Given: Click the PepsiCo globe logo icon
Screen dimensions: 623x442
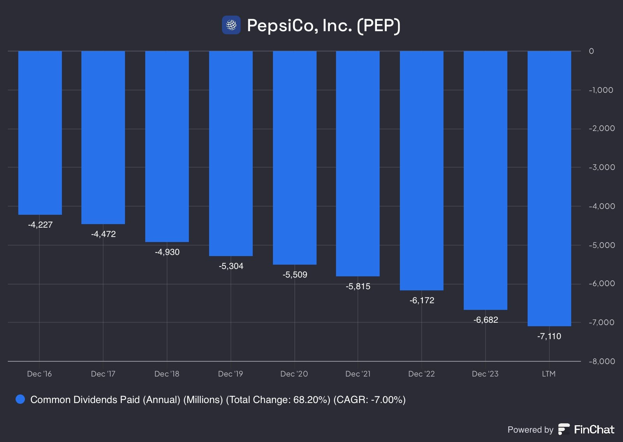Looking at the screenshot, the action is coord(231,25).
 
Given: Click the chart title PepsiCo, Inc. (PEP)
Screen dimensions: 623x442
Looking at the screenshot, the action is coord(324,26).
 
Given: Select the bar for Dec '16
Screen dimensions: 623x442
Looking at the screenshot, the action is coord(40,133).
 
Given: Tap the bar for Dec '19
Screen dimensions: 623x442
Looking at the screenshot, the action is coord(231,153).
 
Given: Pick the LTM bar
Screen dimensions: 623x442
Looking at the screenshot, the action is coord(549,188).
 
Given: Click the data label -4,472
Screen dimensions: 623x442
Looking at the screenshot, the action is coord(104,234).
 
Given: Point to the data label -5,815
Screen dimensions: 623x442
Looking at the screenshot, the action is coord(358,286).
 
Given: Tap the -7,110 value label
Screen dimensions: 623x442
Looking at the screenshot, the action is coord(549,336).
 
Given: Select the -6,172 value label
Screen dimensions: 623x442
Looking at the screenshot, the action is coord(422,301).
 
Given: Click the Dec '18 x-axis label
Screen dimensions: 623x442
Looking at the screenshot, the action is coord(167,374).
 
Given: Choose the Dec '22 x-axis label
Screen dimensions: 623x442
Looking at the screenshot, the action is coord(422,374).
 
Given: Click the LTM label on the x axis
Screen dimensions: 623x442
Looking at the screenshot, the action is coord(549,374).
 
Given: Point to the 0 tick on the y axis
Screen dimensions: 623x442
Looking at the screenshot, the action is coord(591,51).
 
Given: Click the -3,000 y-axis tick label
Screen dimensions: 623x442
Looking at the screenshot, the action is coord(602,167).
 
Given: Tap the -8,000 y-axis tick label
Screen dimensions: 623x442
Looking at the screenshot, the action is coord(602,361).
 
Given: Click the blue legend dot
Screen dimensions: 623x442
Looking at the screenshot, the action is coord(20,399).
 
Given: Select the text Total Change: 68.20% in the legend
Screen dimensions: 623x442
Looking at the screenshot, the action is coord(278,400).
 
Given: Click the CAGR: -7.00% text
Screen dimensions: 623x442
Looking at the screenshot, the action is coord(370,400).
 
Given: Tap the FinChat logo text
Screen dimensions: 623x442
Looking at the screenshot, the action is coord(594,430).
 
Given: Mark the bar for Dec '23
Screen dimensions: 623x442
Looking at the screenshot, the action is coord(486,180).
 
